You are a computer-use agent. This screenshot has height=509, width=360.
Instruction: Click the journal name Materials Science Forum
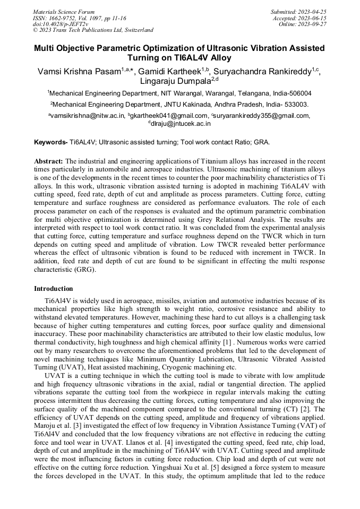point(64,11)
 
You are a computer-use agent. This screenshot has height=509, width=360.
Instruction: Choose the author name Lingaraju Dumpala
point(176,82)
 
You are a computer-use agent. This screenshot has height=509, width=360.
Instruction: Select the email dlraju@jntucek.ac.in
point(181,124)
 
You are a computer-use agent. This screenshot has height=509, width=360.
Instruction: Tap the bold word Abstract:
point(49,161)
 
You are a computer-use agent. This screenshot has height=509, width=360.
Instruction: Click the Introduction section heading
point(54,289)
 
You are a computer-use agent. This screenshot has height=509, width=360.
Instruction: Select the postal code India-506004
point(292,93)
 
